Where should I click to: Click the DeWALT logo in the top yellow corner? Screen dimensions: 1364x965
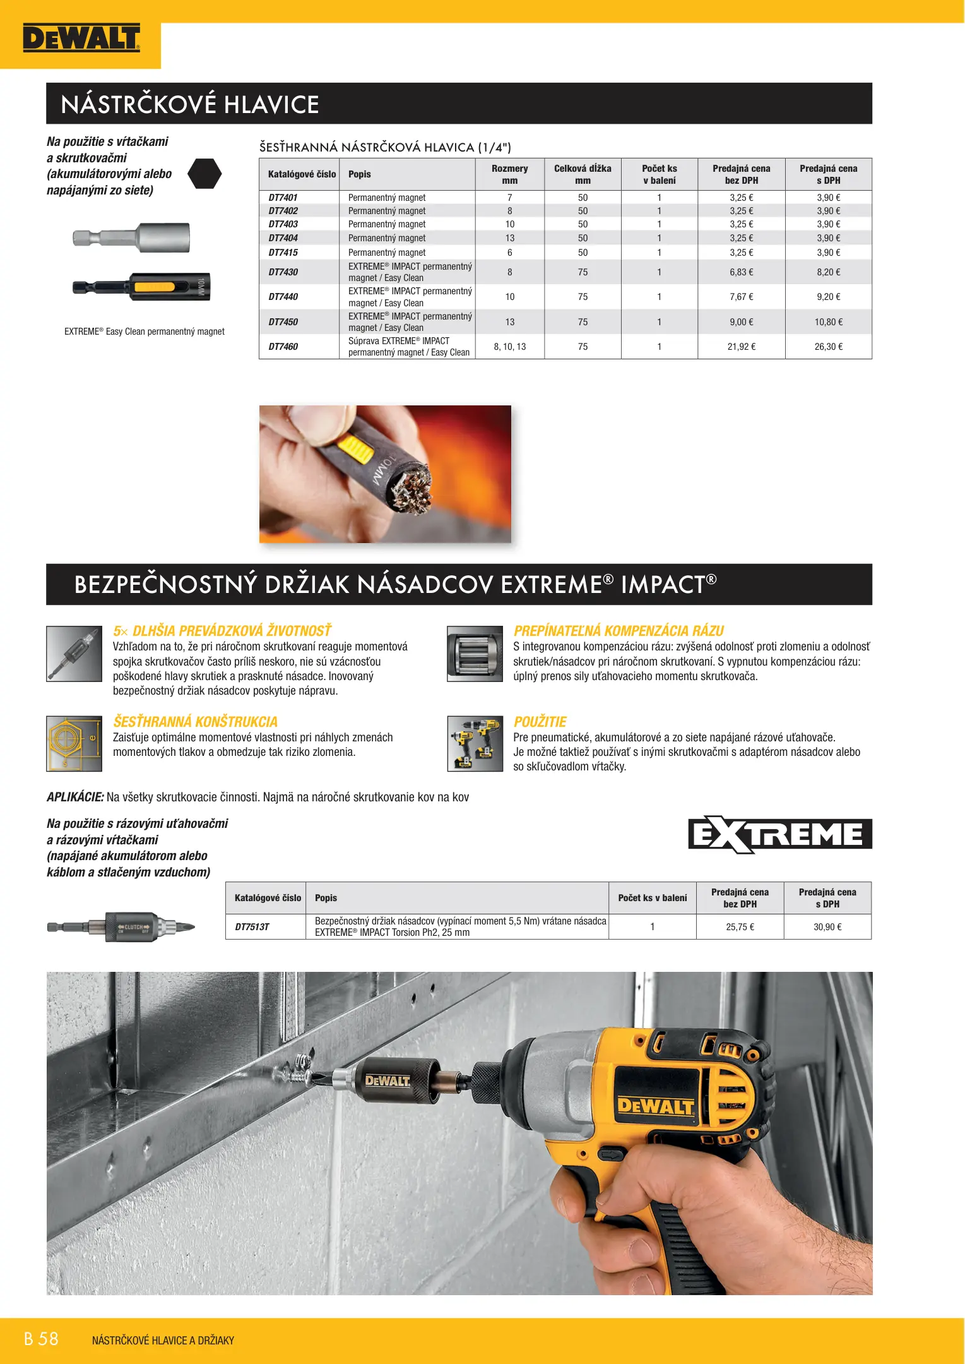pyautogui.click(x=81, y=39)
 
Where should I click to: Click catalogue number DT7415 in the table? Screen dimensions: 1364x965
pyautogui.click(x=283, y=253)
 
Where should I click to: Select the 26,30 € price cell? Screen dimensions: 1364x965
pyautogui.click(x=828, y=347)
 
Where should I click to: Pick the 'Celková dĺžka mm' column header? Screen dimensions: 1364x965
pyautogui.click(x=582, y=174)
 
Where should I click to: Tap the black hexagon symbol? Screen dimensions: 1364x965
pyautogui.click(x=205, y=174)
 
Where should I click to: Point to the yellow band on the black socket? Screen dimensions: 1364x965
pyautogui.click(x=153, y=287)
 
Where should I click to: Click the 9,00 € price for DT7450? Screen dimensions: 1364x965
pyautogui.click(x=741, y=322)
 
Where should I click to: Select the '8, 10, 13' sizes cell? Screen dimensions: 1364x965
pyautogui.click(x=509, y=347)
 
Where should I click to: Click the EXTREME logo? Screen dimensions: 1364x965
pyautogui.click(x=779, y=834)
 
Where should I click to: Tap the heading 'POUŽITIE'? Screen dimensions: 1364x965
pyautogui.click(x=540, y=722)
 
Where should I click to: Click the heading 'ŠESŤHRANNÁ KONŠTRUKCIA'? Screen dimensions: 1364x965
pyautogui.click(x=195, y=722)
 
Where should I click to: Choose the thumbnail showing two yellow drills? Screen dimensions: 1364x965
pyautogui.click(x=475, y=743)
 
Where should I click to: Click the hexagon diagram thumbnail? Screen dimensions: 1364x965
pyautogui.click(x=74, y=743)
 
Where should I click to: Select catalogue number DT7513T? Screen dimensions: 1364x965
pyautogui.click(x=252, y=927)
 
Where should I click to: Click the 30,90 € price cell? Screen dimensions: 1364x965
pyautogui.click(x=827, y=927)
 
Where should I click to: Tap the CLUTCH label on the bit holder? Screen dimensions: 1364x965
pyautogui.click(x=133, y=927)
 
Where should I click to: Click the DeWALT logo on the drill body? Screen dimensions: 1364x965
pyautogui.click(x=655, y=1105)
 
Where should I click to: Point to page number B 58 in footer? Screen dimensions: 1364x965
pyautogui.click(x=41, y=1339)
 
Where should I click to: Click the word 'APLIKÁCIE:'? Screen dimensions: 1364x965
pyautogui.click(x=75, y=797)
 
